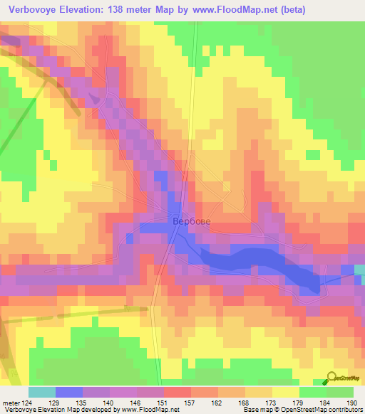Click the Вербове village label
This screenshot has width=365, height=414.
(x=191, y=221)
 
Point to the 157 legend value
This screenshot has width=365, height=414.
(x=191, y=402)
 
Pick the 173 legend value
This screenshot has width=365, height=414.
(x=272, y=402)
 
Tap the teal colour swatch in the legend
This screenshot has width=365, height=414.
(x=42, y=392)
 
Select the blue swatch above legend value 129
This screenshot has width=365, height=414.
(x=69, y=392)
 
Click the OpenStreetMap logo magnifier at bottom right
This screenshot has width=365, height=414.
(x=331, y=378)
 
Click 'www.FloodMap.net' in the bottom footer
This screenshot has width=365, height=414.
(x=150, y=410)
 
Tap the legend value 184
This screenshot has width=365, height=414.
(x=327, y=402)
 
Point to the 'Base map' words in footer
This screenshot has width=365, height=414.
(x=253, y=410)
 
